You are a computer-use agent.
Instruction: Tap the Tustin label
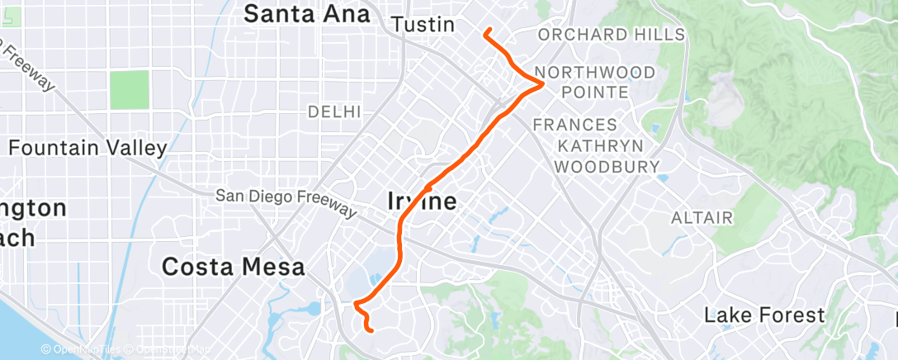point(423,25)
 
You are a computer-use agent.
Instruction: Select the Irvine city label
point(422,201)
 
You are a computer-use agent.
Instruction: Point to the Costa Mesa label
point(234,267)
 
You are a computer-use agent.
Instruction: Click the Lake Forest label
point(764,315)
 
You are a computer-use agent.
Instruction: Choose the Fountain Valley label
point(87,148)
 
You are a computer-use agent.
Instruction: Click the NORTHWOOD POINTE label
point(595,82)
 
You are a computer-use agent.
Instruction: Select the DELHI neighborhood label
point(334,111)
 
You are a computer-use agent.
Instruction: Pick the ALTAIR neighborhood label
point(702,218)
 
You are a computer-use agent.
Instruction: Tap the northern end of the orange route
point(488,31)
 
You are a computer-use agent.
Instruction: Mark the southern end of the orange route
point(372,331)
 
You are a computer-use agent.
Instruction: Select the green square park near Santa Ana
point(129,90)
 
